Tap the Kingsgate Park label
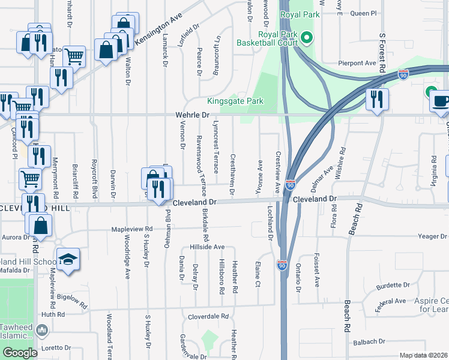click(235, 101)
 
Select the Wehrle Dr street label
click(191, 114)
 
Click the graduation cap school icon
click(68, 260)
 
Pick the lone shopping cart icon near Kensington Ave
click(74, 56)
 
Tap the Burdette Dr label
click(393, 286)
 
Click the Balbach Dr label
click(369, 341)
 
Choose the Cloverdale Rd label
click(209, 316)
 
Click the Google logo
click(19, 353)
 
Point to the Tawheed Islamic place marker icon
click(42, 329)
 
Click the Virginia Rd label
click(434, 168)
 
